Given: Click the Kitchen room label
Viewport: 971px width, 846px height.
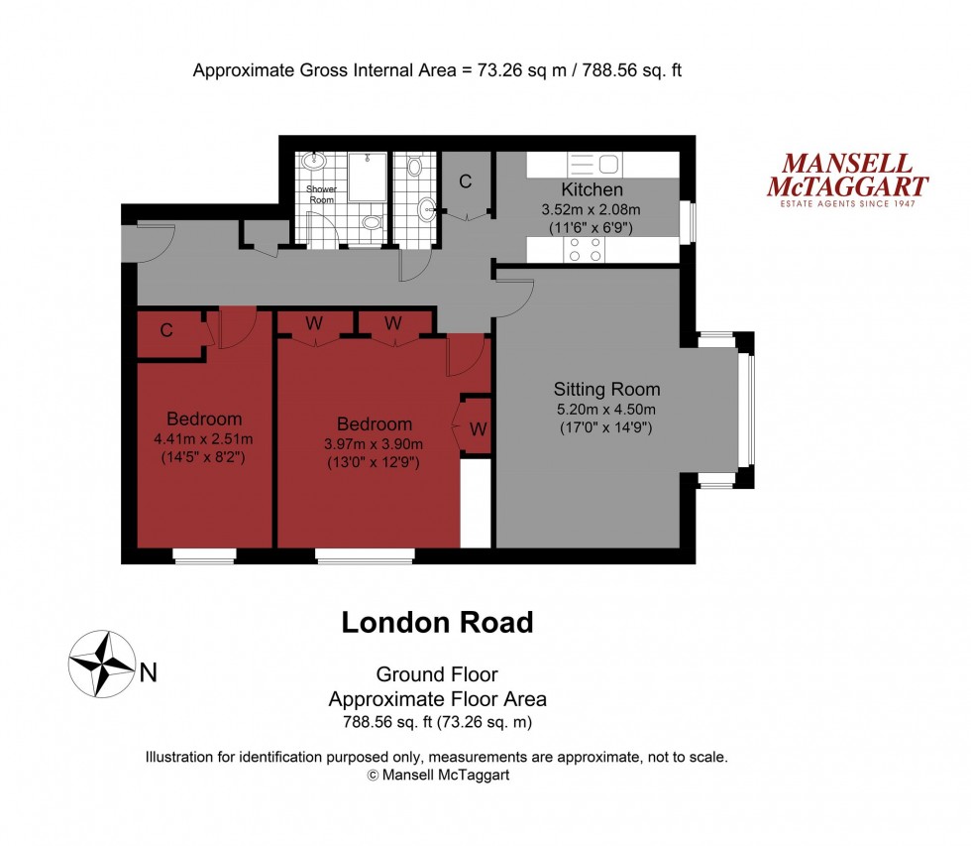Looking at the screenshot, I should [x=593, y=189].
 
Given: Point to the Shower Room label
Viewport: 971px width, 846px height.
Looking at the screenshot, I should [x=321, y=193].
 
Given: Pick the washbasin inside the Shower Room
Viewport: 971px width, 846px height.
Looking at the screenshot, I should [x=316, y=161].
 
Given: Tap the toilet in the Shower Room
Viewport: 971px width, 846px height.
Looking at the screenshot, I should [x=372, y=223].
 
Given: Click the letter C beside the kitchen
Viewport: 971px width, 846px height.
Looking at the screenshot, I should [x=465, y=181].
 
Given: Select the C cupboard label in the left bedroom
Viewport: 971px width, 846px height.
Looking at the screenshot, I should [x=166, y=331].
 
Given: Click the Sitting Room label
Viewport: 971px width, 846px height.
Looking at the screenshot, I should [x=606, y=389].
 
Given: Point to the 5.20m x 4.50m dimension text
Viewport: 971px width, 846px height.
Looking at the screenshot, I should [x=606, y=409].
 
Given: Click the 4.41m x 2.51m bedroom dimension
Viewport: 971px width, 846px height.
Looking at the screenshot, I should [x=204, y=439].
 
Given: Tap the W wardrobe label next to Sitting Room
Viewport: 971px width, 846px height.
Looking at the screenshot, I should [x=478, y=429].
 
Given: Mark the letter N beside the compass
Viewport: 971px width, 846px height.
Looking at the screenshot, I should [x=148, y=673].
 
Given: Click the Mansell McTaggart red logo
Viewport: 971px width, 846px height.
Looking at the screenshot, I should [x=848, y=178].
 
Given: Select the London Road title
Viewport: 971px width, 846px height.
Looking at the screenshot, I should [x=437, y=622].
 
